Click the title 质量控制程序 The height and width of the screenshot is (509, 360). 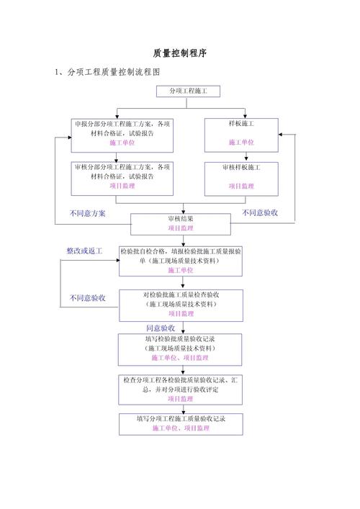point(180,54)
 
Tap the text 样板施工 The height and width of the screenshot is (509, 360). point(241,124)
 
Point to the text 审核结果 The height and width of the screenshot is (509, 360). point(181,218)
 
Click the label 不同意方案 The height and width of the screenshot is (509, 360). point(88,213)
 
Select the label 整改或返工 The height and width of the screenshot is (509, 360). point(84,251)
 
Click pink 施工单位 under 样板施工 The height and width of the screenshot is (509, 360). point(241,143)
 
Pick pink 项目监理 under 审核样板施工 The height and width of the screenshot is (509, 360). point(241,186)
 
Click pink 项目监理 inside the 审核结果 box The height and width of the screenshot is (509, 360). point(181,228)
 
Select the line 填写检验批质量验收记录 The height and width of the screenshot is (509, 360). point(181,338)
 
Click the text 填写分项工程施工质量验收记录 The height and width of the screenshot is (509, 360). point(181,418)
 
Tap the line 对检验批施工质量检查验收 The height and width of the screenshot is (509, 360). point(181,295)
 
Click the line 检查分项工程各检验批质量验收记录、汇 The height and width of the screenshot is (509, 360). point(181,379)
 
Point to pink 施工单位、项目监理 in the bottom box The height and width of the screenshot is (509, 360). point(181,428)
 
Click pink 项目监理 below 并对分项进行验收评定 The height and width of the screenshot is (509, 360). point(181,398)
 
